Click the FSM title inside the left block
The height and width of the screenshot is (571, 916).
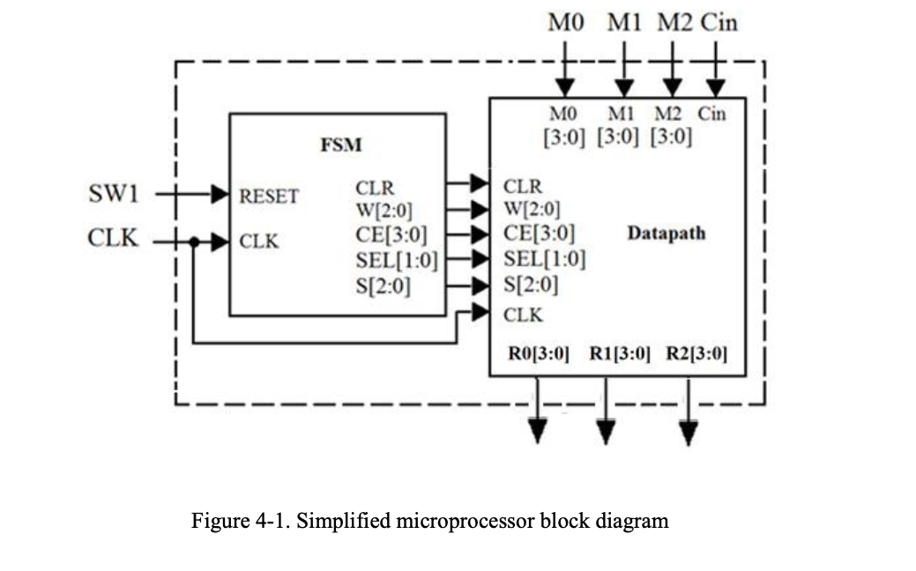pyautogui.click(x=340, y=145)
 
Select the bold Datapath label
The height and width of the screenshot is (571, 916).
pyautogui.click(x=667, y=234)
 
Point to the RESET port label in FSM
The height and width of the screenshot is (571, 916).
pyautogui.click(x=269, y=196)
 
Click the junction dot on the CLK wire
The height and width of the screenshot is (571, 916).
pyautogui.click(x=193, y=240)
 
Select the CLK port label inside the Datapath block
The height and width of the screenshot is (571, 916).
pyautogui.click(x=523, y=314)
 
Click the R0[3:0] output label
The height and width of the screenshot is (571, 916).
pyautogui.click(x=539, y=354)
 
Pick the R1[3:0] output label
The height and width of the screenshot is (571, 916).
pyautogui.click(x=620, y=354)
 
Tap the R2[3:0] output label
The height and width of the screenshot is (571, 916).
pyautogui.click(x=696, y=354)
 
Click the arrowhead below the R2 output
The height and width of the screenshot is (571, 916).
pyautogui.click(x=689, y=432)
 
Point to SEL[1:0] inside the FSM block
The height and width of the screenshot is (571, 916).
pyautogui.click(x=397, y=260)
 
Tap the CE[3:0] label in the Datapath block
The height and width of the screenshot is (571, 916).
pyautogui.click(x=540, y=234)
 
